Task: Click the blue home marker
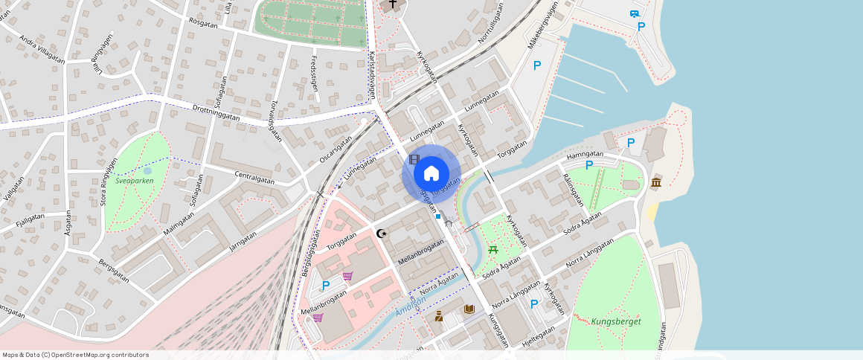[x=431, y=174]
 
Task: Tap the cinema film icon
[x=414, y=158]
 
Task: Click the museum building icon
[x=656, y=183]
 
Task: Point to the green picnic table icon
[x=493, y=250]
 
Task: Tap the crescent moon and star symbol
[x=382, y=234]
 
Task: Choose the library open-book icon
[x=469, y=309]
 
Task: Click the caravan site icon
[x=635, y=13]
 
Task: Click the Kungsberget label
[x=616, y=322]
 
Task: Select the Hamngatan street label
[x=584, y=155]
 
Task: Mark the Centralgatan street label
[x=254, y=177]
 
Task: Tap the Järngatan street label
[x=243, y=243]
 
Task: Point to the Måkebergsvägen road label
[x=542, y=26]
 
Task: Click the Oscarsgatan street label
[x=335, y=146]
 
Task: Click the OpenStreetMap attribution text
[x=76, y=355]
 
